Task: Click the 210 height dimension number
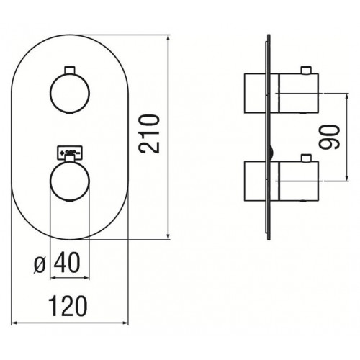149,134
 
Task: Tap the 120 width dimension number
68,306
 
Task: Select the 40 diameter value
67,262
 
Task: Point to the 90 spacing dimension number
329,137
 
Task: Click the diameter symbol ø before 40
40,265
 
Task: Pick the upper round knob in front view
70,93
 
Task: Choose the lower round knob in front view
70,181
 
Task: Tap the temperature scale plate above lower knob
70,153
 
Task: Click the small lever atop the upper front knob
70,70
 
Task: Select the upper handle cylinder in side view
299,93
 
